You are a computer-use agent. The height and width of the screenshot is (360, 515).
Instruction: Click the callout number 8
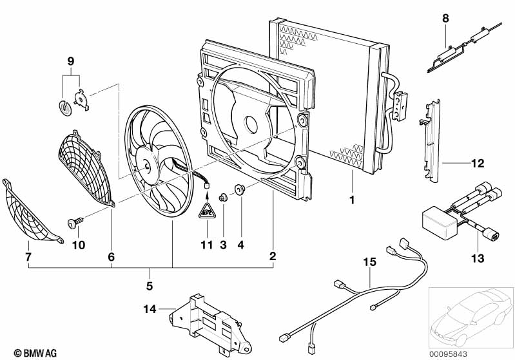pos(445,19)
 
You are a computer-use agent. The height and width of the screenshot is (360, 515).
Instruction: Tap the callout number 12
pos(478,163)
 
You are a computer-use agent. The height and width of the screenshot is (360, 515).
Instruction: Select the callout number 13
pos(478,258)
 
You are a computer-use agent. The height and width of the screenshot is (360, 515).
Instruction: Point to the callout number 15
pos(369,262)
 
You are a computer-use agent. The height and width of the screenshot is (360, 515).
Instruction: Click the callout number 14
pos(150,309)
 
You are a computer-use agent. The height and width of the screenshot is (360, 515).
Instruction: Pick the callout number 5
pos(150,286)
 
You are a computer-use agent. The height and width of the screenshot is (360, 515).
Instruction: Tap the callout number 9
pos(71,61)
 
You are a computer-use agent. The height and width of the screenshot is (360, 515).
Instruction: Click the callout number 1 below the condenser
pos(352,200)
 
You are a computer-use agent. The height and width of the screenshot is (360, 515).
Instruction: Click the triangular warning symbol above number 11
pos(207,211)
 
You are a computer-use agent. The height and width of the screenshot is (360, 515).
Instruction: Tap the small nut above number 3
pos(224,198)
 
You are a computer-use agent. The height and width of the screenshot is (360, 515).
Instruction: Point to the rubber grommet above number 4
pos(239,190)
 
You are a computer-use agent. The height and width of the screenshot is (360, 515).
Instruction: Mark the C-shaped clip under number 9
pos(65,109)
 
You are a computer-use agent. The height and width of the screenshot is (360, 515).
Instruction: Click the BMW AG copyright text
pos(35,353)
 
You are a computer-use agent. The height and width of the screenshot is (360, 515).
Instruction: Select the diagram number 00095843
pos(449,354)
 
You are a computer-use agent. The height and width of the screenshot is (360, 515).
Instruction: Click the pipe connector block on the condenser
pos(400,106)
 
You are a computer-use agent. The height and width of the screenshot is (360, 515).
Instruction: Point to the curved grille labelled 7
pos(30,213)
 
